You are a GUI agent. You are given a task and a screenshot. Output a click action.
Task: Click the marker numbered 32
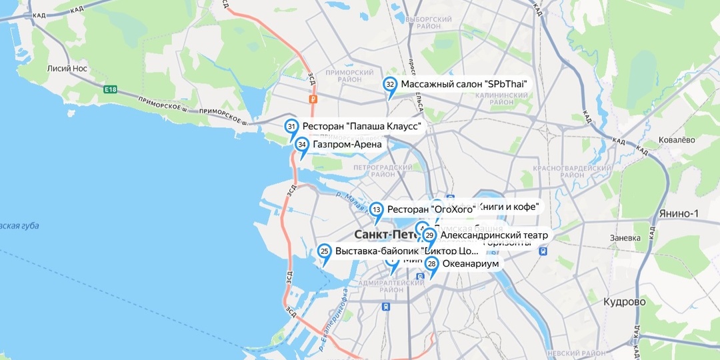(x=390, y=85)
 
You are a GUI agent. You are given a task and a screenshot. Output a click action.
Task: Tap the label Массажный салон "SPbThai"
(x=464, y=85)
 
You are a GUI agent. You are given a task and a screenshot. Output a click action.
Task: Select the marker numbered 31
(x=291, y=126)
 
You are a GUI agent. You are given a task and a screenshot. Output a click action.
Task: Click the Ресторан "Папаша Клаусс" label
(x=362, y=126)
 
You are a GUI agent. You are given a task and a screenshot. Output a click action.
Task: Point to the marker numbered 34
(x=302, y=144)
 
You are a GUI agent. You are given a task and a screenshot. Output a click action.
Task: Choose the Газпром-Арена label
(x=347, y=144)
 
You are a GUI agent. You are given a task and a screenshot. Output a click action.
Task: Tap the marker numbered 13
(x=377, y=209)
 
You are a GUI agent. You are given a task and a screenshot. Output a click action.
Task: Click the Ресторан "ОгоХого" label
(x=431, y=209)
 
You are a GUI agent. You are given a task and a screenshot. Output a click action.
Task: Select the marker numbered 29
(x=430, y=235)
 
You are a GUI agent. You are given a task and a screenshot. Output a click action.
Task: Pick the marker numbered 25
(x=325, y=251)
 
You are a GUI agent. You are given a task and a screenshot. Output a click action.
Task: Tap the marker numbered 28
(x=432, y=264)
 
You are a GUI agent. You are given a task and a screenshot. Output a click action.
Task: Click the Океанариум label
(x=471, y=264)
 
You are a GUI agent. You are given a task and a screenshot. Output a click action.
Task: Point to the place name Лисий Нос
(x=68, y=68)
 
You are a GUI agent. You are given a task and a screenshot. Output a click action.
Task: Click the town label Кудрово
(x=624, y=302)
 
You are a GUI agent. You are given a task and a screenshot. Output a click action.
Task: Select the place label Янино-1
(x=678, y=213)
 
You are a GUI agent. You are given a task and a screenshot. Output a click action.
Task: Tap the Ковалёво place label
(x=677, y=140)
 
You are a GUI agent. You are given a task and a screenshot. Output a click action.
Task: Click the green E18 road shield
(x=111, y=90)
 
